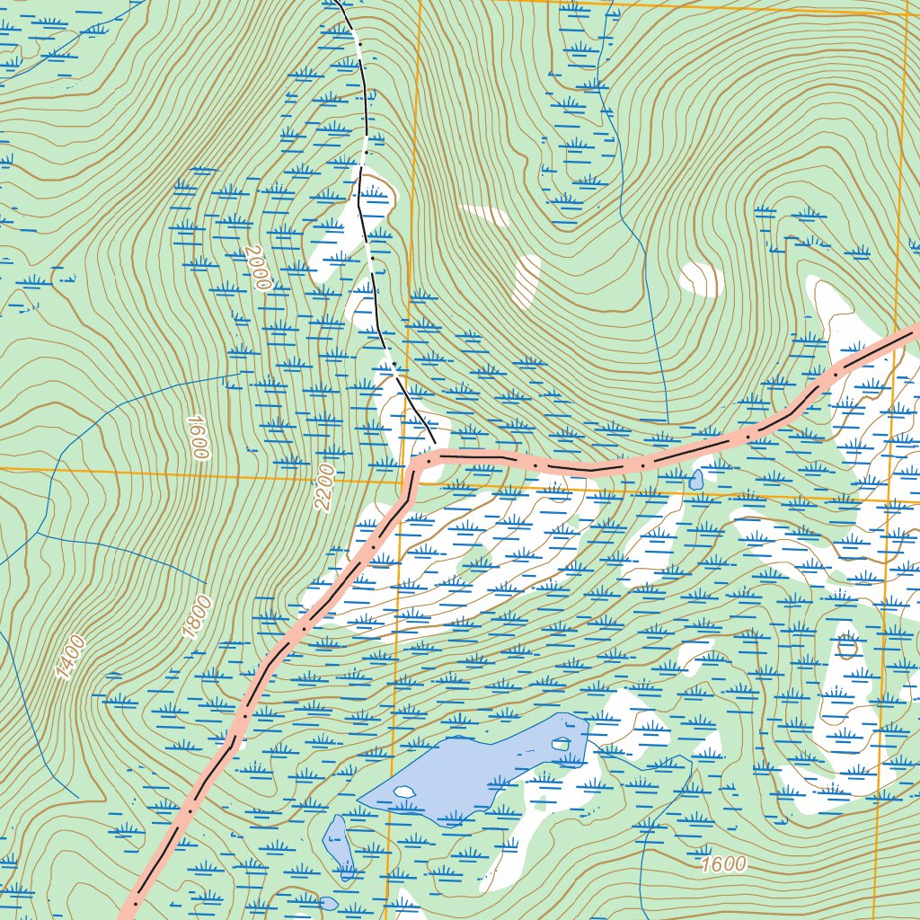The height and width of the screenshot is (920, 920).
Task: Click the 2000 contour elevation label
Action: pyautogui.click(x=256, y=268)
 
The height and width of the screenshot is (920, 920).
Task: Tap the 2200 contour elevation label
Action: pyautogui.click(x=324, y=488)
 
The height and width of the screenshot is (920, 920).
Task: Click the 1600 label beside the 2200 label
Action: pyautogui.click(x=198, y=438)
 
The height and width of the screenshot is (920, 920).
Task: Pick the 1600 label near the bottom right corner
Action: pyautogui.click(x=723, y=864)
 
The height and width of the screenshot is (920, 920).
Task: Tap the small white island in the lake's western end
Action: pyautogui.click(x=405, y=792)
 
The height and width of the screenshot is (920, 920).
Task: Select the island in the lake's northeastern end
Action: pyautogui.click(x=562, y=743)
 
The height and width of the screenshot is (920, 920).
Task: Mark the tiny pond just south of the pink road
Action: pyautogui.click(x=696, y=480)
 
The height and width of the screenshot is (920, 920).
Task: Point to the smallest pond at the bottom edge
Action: pyautogui.click(x=329, y=903)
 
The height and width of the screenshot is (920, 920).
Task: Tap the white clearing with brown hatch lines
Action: pyautogui.click(x=526, y=280)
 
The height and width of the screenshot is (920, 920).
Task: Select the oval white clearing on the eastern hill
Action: pyautogui.click(x=703, y=279)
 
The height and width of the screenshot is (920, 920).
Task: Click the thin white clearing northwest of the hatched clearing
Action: pyautogui.click(x=486, y=215)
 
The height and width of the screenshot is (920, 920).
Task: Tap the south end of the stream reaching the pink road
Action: pyautogui.click(x=668, y=422)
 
